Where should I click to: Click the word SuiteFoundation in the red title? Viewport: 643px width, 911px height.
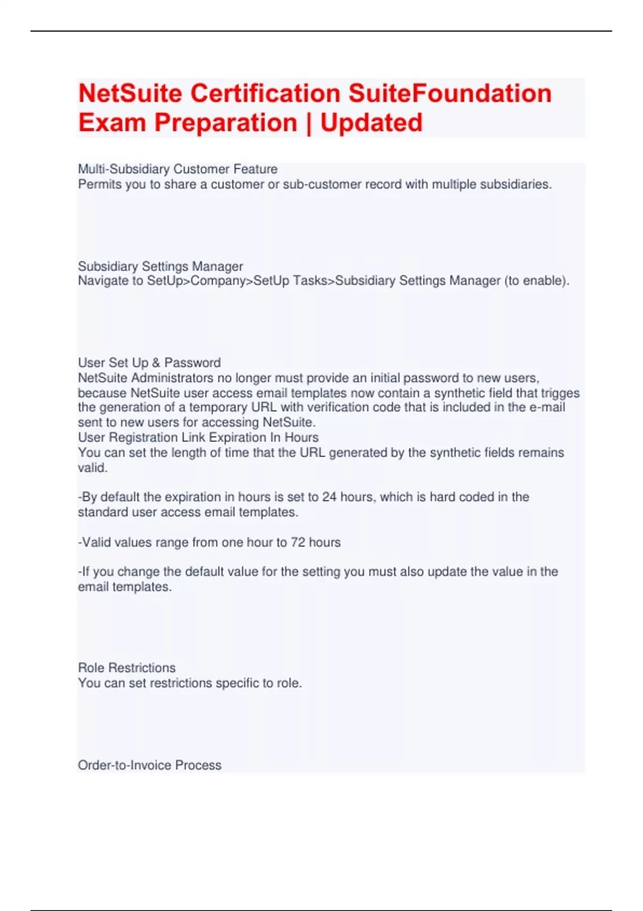pos(450,94)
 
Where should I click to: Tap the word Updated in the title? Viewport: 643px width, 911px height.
pos(371,123)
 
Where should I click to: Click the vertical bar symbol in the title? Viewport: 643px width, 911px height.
pos(309,123)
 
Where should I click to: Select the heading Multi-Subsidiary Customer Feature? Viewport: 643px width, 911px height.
pos(177,169)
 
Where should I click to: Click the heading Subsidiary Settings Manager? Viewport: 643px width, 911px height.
pos(160,266)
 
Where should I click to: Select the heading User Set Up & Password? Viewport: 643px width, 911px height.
pos(149,363)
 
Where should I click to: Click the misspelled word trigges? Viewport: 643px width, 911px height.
pos(560,393)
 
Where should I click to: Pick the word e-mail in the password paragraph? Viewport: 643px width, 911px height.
pos(547,407)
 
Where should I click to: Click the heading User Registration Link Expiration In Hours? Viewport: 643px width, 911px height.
pos(198,437)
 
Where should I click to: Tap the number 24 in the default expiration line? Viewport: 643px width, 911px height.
pos(329,497)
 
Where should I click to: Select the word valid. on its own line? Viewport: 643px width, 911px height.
pos(93,467)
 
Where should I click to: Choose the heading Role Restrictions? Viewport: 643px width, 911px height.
pos(126,668)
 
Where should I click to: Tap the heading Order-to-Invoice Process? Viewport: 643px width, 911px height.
pos(149,765)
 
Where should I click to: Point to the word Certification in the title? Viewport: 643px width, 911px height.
pos(266,94)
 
